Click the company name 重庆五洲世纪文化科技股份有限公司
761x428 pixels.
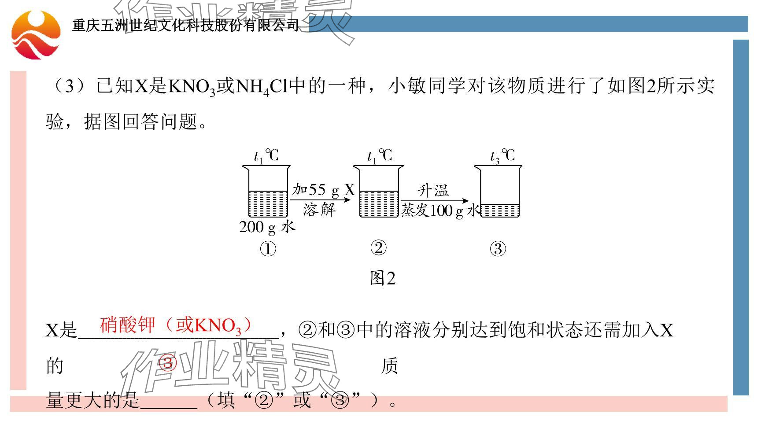click(x=185, y=26)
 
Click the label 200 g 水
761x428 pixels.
click(x=267, y=227)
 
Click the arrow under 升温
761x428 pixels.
click(x=434, y=201)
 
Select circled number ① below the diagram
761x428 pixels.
click(x=268, y=249)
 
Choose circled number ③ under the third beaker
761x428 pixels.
click(x=498, y=249)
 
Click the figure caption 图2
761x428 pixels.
click(x=383, y=278)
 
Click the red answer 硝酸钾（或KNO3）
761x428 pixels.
click(x=176, y=326)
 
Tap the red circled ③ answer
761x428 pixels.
click(x=167, y=364)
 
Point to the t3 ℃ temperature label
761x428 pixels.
click(x=502, y=156)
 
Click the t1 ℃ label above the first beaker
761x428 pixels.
click(x=266, y=156)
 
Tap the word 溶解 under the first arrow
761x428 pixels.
click(x=319, y=210)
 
